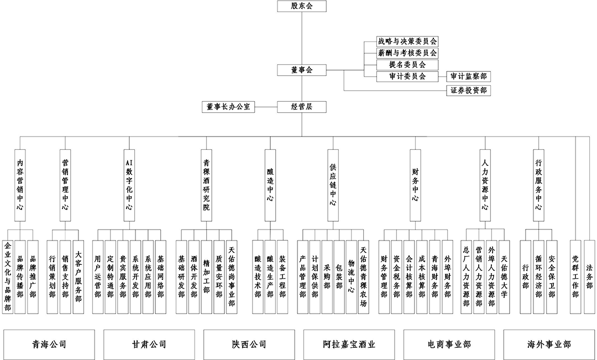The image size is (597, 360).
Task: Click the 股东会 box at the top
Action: [302, 7]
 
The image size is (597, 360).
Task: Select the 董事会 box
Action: [302, 70]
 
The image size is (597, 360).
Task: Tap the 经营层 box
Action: [302, 106]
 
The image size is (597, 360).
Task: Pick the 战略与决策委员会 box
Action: [407, 41]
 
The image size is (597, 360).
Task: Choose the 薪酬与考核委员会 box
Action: [407, 53]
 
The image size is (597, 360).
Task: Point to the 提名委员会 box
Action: [407, 65]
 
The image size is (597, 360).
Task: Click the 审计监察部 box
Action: [468, 77]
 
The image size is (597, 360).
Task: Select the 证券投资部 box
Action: [468, 90]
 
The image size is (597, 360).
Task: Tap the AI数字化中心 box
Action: [129, 185]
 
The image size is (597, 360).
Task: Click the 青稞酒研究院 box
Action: [206, 185]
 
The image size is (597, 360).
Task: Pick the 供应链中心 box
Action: [332, 185]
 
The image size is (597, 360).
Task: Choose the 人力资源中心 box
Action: [485, 185]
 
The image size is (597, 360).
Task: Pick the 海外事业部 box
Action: [549, 344]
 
